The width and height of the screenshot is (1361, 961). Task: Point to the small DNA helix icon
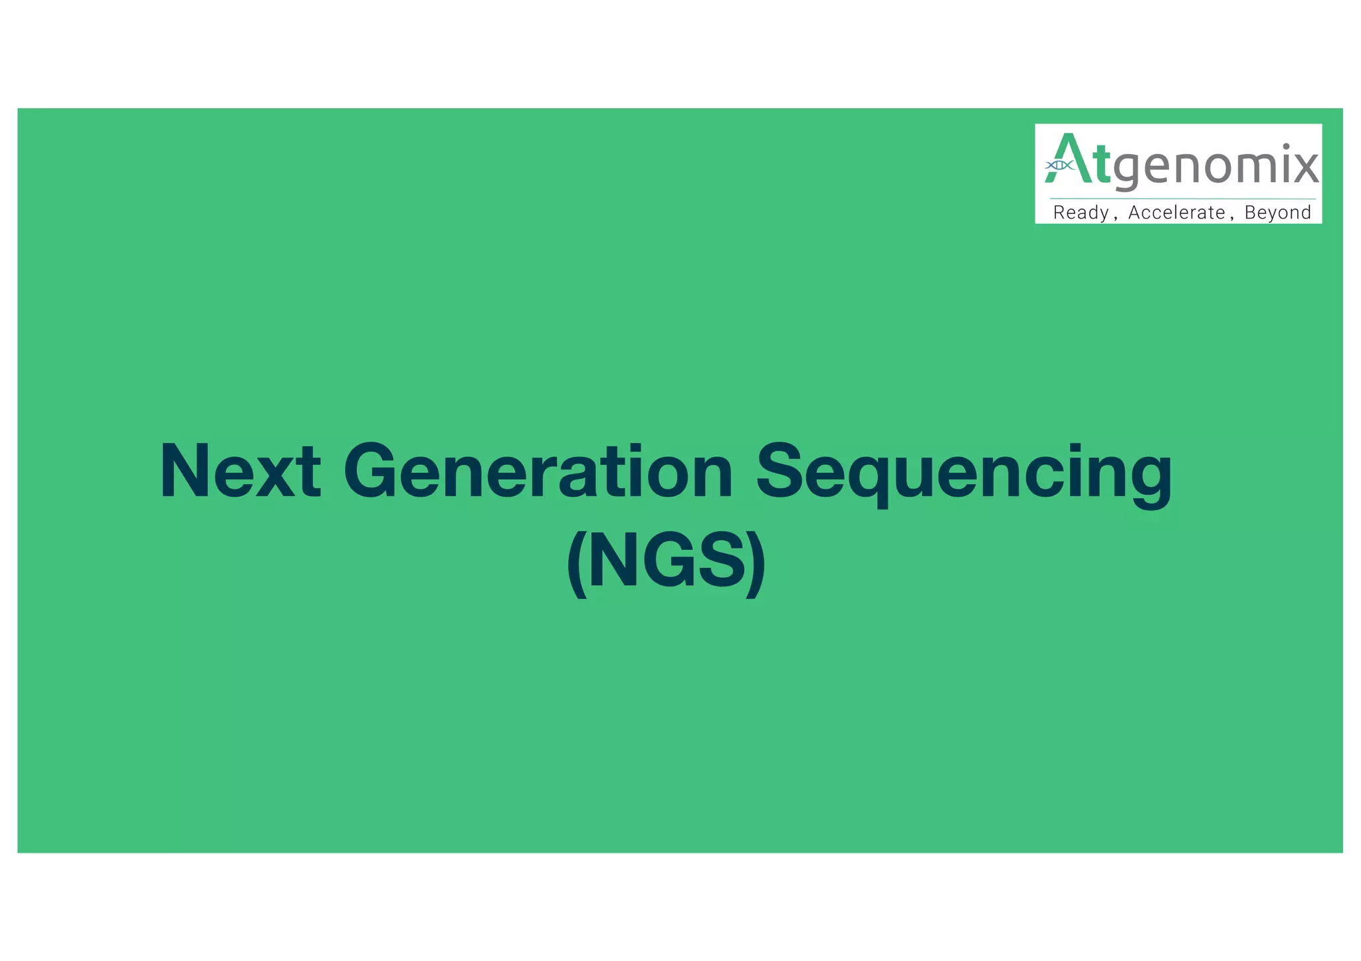pyautogui.click(x=1059, y=165)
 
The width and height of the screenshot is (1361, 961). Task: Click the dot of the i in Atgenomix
pyautogui.click(x=1287, y=146)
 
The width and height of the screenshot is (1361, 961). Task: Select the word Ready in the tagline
pyautogui.click(x=1081, y=213)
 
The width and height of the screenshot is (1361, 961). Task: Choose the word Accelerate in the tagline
pyautogui.click(x=1176, y=213)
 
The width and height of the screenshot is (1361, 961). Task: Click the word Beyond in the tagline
pyautogui.click(x=1277, y=213)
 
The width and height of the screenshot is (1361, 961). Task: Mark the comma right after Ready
pyautogui.click(x=1114, y=218)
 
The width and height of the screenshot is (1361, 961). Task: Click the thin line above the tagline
pyautogui.click(x=1183, y=199)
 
